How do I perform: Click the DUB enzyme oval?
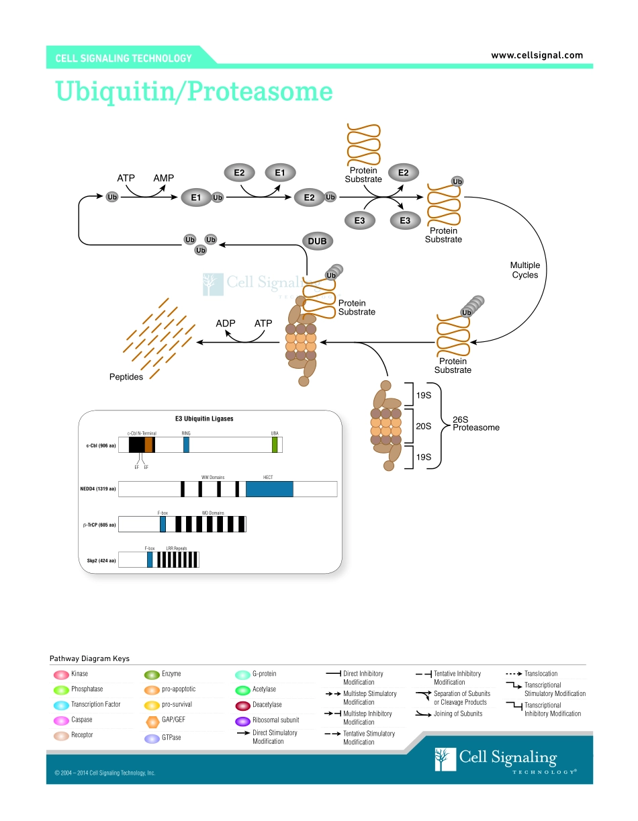[x=317, y=241]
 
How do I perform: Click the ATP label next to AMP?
[x=126, y=178]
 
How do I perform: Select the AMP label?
[x=163, y=178]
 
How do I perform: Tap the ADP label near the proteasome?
[x=226, y=323]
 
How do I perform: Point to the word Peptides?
[x=126, y=377]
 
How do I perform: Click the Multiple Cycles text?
[x=525, y=270]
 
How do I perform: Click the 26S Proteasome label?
[x=475, y=423]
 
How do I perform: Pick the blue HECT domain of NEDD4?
[x=269, y=488]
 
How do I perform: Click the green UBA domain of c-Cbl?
[x=275, y=445]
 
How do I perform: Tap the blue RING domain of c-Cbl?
[x=186, y=445]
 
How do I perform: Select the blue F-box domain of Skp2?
[x=150, y=560]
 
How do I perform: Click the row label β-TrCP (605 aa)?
[x=99, y=524]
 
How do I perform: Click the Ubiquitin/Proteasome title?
[x=194, y=91]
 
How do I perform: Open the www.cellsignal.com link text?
[x=537, y=55]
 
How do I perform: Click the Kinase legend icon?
[x=60, y=674]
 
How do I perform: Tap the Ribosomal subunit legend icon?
[x=242, y=720]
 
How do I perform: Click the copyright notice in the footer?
[x=105, y=773]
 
